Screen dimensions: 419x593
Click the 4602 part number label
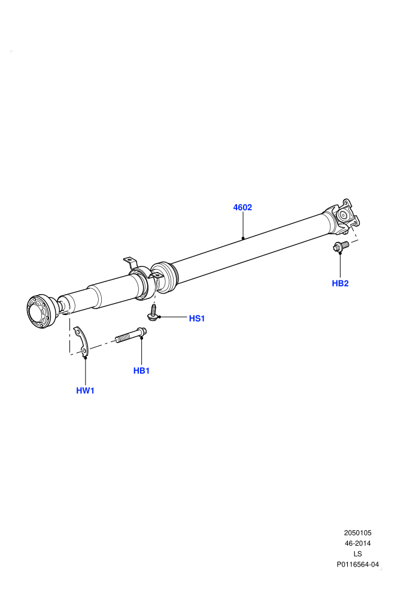click(242, 207)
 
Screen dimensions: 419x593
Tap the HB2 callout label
click(340, 283)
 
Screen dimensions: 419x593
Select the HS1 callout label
click(197, 319)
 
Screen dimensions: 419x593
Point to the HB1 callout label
click(141, 371)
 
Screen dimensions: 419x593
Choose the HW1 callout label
click(85, 391)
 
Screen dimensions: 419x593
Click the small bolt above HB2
click(341, 246)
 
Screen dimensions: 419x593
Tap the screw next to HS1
click(153, 313)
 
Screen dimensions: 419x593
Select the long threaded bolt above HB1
click(130, 335)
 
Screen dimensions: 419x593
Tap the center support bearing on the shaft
click(143, 282)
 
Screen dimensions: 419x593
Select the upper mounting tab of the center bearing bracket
click(130, 262)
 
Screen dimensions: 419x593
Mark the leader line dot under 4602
click(243, 238)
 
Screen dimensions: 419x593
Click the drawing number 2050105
click(357, 533)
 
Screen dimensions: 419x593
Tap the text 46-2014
click(357, 543)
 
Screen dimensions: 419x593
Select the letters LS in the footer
click(357, 554)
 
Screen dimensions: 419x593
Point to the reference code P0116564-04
click(357, 565)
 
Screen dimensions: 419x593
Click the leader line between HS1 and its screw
click(174, 316)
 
